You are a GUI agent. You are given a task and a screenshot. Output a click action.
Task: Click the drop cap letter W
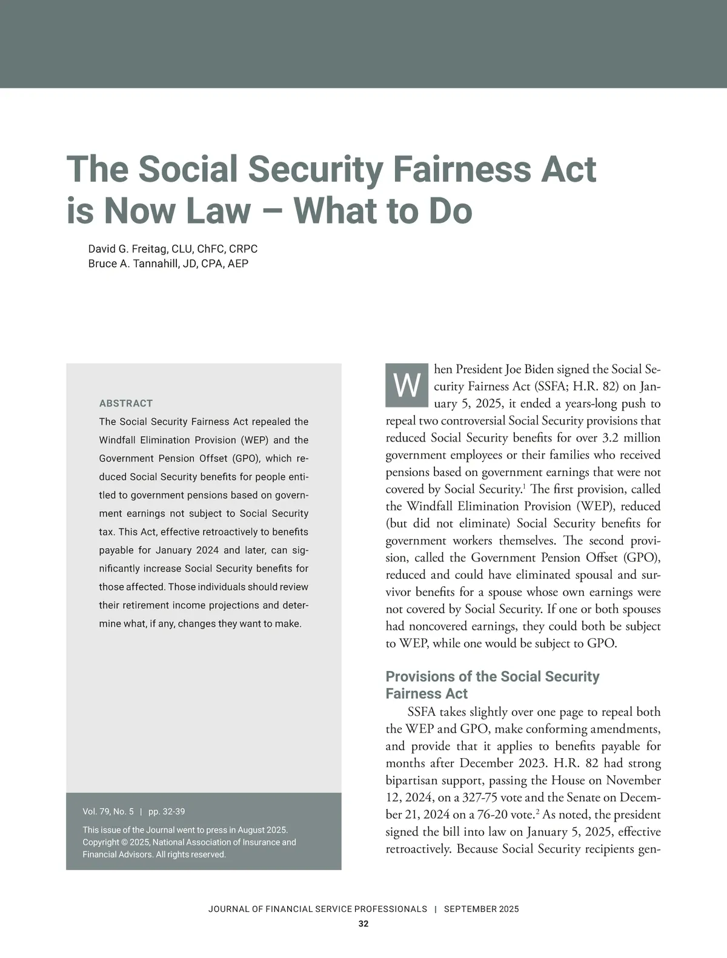(407, 386)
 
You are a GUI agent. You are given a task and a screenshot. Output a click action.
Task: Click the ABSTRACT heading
(126, 403)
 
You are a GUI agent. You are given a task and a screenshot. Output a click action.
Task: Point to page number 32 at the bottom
(363, 924)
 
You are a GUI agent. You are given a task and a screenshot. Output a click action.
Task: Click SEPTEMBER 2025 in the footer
(481, 909)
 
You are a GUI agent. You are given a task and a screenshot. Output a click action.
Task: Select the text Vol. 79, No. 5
(108, 811)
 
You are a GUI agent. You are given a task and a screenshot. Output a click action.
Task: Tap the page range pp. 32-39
(167, 811)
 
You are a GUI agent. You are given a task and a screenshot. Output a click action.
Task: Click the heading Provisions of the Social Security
(492, 676)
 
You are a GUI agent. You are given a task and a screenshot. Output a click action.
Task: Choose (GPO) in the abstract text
(244, 458)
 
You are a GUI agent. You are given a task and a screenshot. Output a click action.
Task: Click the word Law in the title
(217, 211)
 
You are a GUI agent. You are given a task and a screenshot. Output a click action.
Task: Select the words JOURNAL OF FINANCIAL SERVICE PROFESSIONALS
(317, 909)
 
